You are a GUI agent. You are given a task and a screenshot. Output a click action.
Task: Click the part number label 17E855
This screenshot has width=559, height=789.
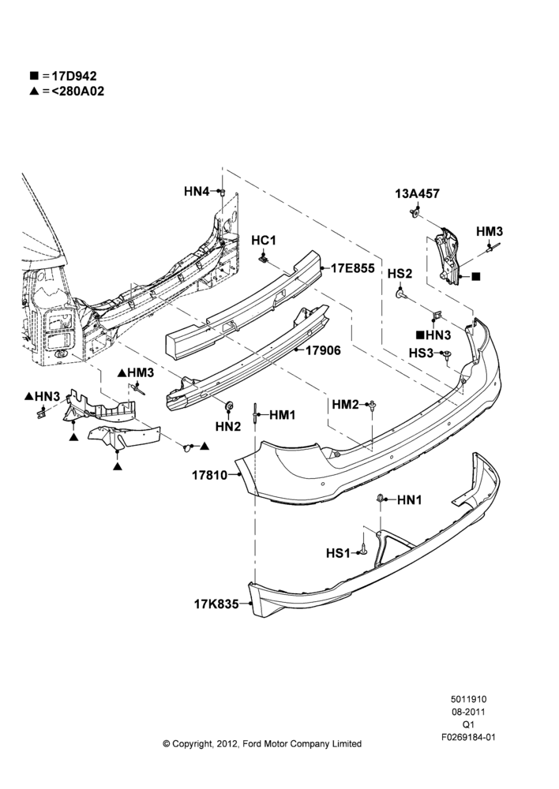tap(352, 268)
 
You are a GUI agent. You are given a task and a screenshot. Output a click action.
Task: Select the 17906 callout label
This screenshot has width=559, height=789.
tap(323, 350)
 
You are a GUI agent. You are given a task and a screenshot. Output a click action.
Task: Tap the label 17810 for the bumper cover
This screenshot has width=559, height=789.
tap(209, 474)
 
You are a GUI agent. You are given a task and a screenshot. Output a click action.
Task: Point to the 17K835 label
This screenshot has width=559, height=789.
tap(216, 604)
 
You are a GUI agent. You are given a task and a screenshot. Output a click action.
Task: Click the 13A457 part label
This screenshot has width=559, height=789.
tap(418, 193)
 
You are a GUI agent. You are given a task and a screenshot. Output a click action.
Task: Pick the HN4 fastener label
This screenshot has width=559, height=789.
tap(197, 191)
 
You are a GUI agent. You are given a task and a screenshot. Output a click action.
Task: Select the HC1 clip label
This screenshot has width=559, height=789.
tap(264, 241)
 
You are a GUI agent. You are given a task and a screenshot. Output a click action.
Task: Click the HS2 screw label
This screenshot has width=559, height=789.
tap(400, 273)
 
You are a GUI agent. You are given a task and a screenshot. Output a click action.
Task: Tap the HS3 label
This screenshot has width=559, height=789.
tap(421, 353)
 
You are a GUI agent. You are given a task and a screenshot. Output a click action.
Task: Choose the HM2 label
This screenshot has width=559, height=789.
tap(345, 404)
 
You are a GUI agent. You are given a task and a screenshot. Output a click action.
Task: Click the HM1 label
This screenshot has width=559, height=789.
tap(283, 415)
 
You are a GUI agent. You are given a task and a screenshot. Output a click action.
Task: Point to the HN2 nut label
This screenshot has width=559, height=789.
tap(228, 426)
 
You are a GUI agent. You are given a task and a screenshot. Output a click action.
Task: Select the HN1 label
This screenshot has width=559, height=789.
tap(410, 499)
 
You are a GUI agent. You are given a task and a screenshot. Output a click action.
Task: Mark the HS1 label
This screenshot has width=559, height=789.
tap(338, 554)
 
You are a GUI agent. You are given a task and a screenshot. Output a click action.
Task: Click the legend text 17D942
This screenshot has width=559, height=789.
tap(74, 76)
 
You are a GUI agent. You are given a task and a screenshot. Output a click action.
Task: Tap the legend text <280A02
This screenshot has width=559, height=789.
tap(77, 91)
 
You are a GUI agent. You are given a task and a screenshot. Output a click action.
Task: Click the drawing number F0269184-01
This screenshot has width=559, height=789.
tap(468, 737)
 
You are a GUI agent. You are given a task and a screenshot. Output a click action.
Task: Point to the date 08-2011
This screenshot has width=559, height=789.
tap(468, 712)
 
